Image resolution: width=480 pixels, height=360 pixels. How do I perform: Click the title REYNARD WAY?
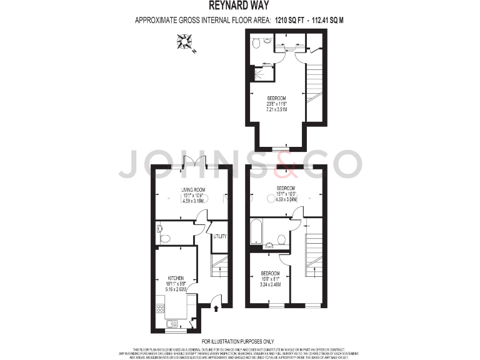[240, 7]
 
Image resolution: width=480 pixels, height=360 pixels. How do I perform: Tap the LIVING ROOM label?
[193, 190]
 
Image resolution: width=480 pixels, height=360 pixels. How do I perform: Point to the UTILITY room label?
[219, 236]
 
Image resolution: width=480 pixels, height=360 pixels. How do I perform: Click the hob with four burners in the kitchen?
[159, 307]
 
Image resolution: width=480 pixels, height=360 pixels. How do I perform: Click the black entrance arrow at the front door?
[216, 307]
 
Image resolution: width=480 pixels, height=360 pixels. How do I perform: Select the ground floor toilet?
[164, 237]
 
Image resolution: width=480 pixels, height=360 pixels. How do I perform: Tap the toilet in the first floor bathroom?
[282, 239]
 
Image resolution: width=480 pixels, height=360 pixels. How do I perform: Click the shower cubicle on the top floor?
[264, 73]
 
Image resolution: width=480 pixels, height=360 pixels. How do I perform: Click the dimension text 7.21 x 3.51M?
[276, 109]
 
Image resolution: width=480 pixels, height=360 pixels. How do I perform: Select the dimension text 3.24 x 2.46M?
[270, 284]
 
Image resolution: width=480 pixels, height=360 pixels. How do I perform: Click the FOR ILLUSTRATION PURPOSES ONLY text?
[240, 341]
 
